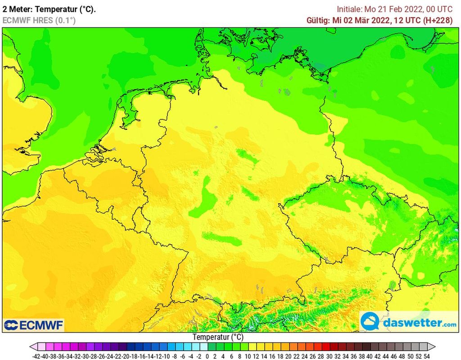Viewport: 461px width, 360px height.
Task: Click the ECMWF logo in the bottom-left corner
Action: (34, 325)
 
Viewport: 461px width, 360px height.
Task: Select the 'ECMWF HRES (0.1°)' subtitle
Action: (39, 20)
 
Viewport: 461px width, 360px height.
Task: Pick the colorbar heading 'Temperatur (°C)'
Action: (218, 337)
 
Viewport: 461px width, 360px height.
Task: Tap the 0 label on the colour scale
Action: (207, 356)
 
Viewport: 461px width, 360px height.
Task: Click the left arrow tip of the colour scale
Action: (32, 346)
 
